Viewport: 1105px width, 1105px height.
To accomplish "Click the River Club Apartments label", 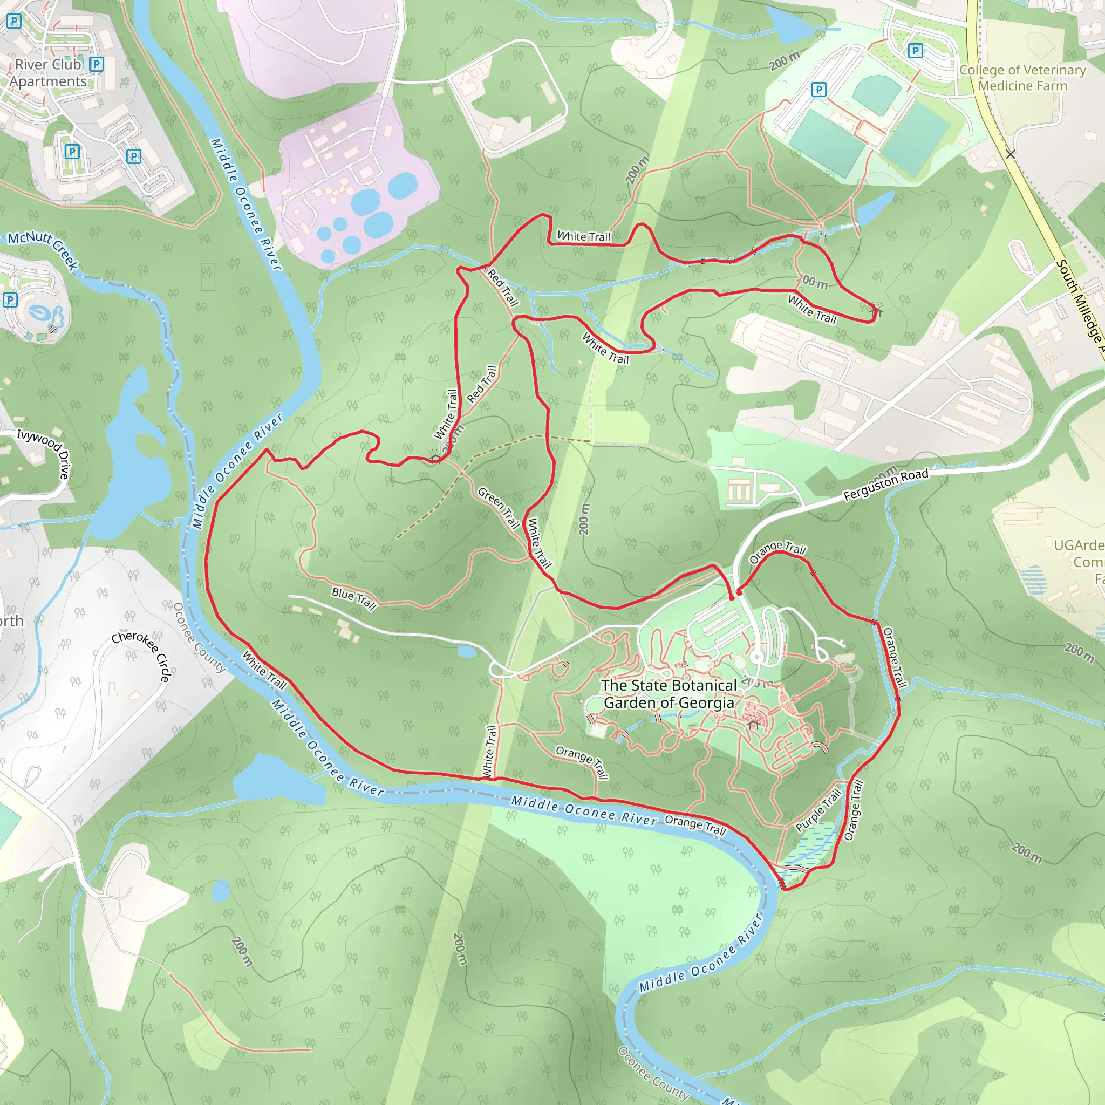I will pos(49,73).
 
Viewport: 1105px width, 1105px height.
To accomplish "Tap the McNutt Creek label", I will pos(43,248).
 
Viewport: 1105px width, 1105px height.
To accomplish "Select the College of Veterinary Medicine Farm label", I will pos(1022,78).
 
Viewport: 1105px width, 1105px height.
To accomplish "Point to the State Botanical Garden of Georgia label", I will pos(669,694).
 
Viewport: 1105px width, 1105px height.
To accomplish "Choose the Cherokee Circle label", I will pos(142,655).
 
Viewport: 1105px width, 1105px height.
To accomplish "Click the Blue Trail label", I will pos(354,598).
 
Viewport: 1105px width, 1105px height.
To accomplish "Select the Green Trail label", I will pos(499,507).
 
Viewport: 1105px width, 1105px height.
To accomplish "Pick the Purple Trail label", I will pos(818,810).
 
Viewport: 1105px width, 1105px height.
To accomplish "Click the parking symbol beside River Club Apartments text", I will pos(97,64).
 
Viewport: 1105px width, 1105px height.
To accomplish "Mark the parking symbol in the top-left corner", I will pos(13,22).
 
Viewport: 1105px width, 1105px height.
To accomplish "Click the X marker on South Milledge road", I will pos(1011,154).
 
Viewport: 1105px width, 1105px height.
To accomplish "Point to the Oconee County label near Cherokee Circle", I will pos(199,637).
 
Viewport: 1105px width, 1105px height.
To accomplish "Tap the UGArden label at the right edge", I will pos(1079,545).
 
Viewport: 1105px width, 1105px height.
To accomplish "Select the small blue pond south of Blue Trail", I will pos(467,651).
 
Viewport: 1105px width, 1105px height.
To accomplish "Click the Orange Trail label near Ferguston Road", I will pos(777,551).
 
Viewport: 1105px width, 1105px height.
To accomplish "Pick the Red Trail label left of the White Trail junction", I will pos(482,384).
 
